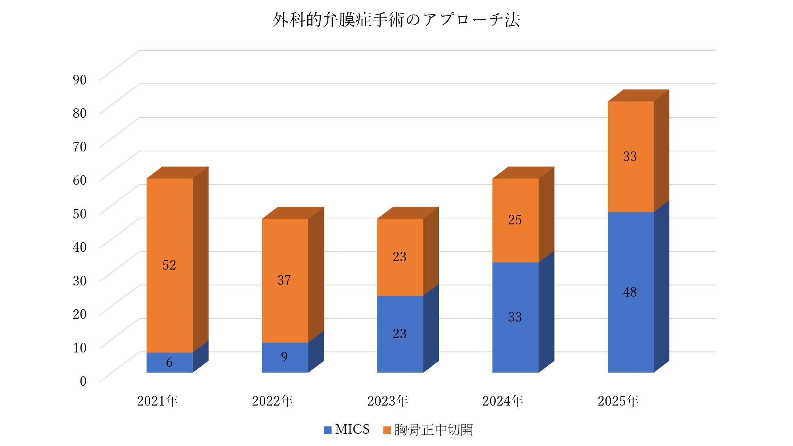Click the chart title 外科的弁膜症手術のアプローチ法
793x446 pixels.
pyautogui.click(x=396, y=20)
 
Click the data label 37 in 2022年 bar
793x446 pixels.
pyautogui.click(x=284, y=280)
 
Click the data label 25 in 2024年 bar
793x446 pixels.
pyautogui.click(x=515, y=220)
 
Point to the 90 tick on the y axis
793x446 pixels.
pyautogui.click(x=80, y=80)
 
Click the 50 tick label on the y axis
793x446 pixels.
pyautogui.click(x=80, y=214)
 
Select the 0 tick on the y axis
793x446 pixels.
pyautogui.click(x=83, y=381)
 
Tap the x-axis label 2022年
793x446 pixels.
pyautogui.click(x=272, y=401)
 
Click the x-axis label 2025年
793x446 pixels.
pyautogui.click(x=618, y=401)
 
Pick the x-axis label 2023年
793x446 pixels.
pyautogui.click(x=387, y=401)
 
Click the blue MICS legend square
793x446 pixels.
pyautogui.click(x=328, y=430)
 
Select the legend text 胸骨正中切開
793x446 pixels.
pyautogui.click(x=433, y=430)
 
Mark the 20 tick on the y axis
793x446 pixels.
pyautogui.click(x=80, y=314)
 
